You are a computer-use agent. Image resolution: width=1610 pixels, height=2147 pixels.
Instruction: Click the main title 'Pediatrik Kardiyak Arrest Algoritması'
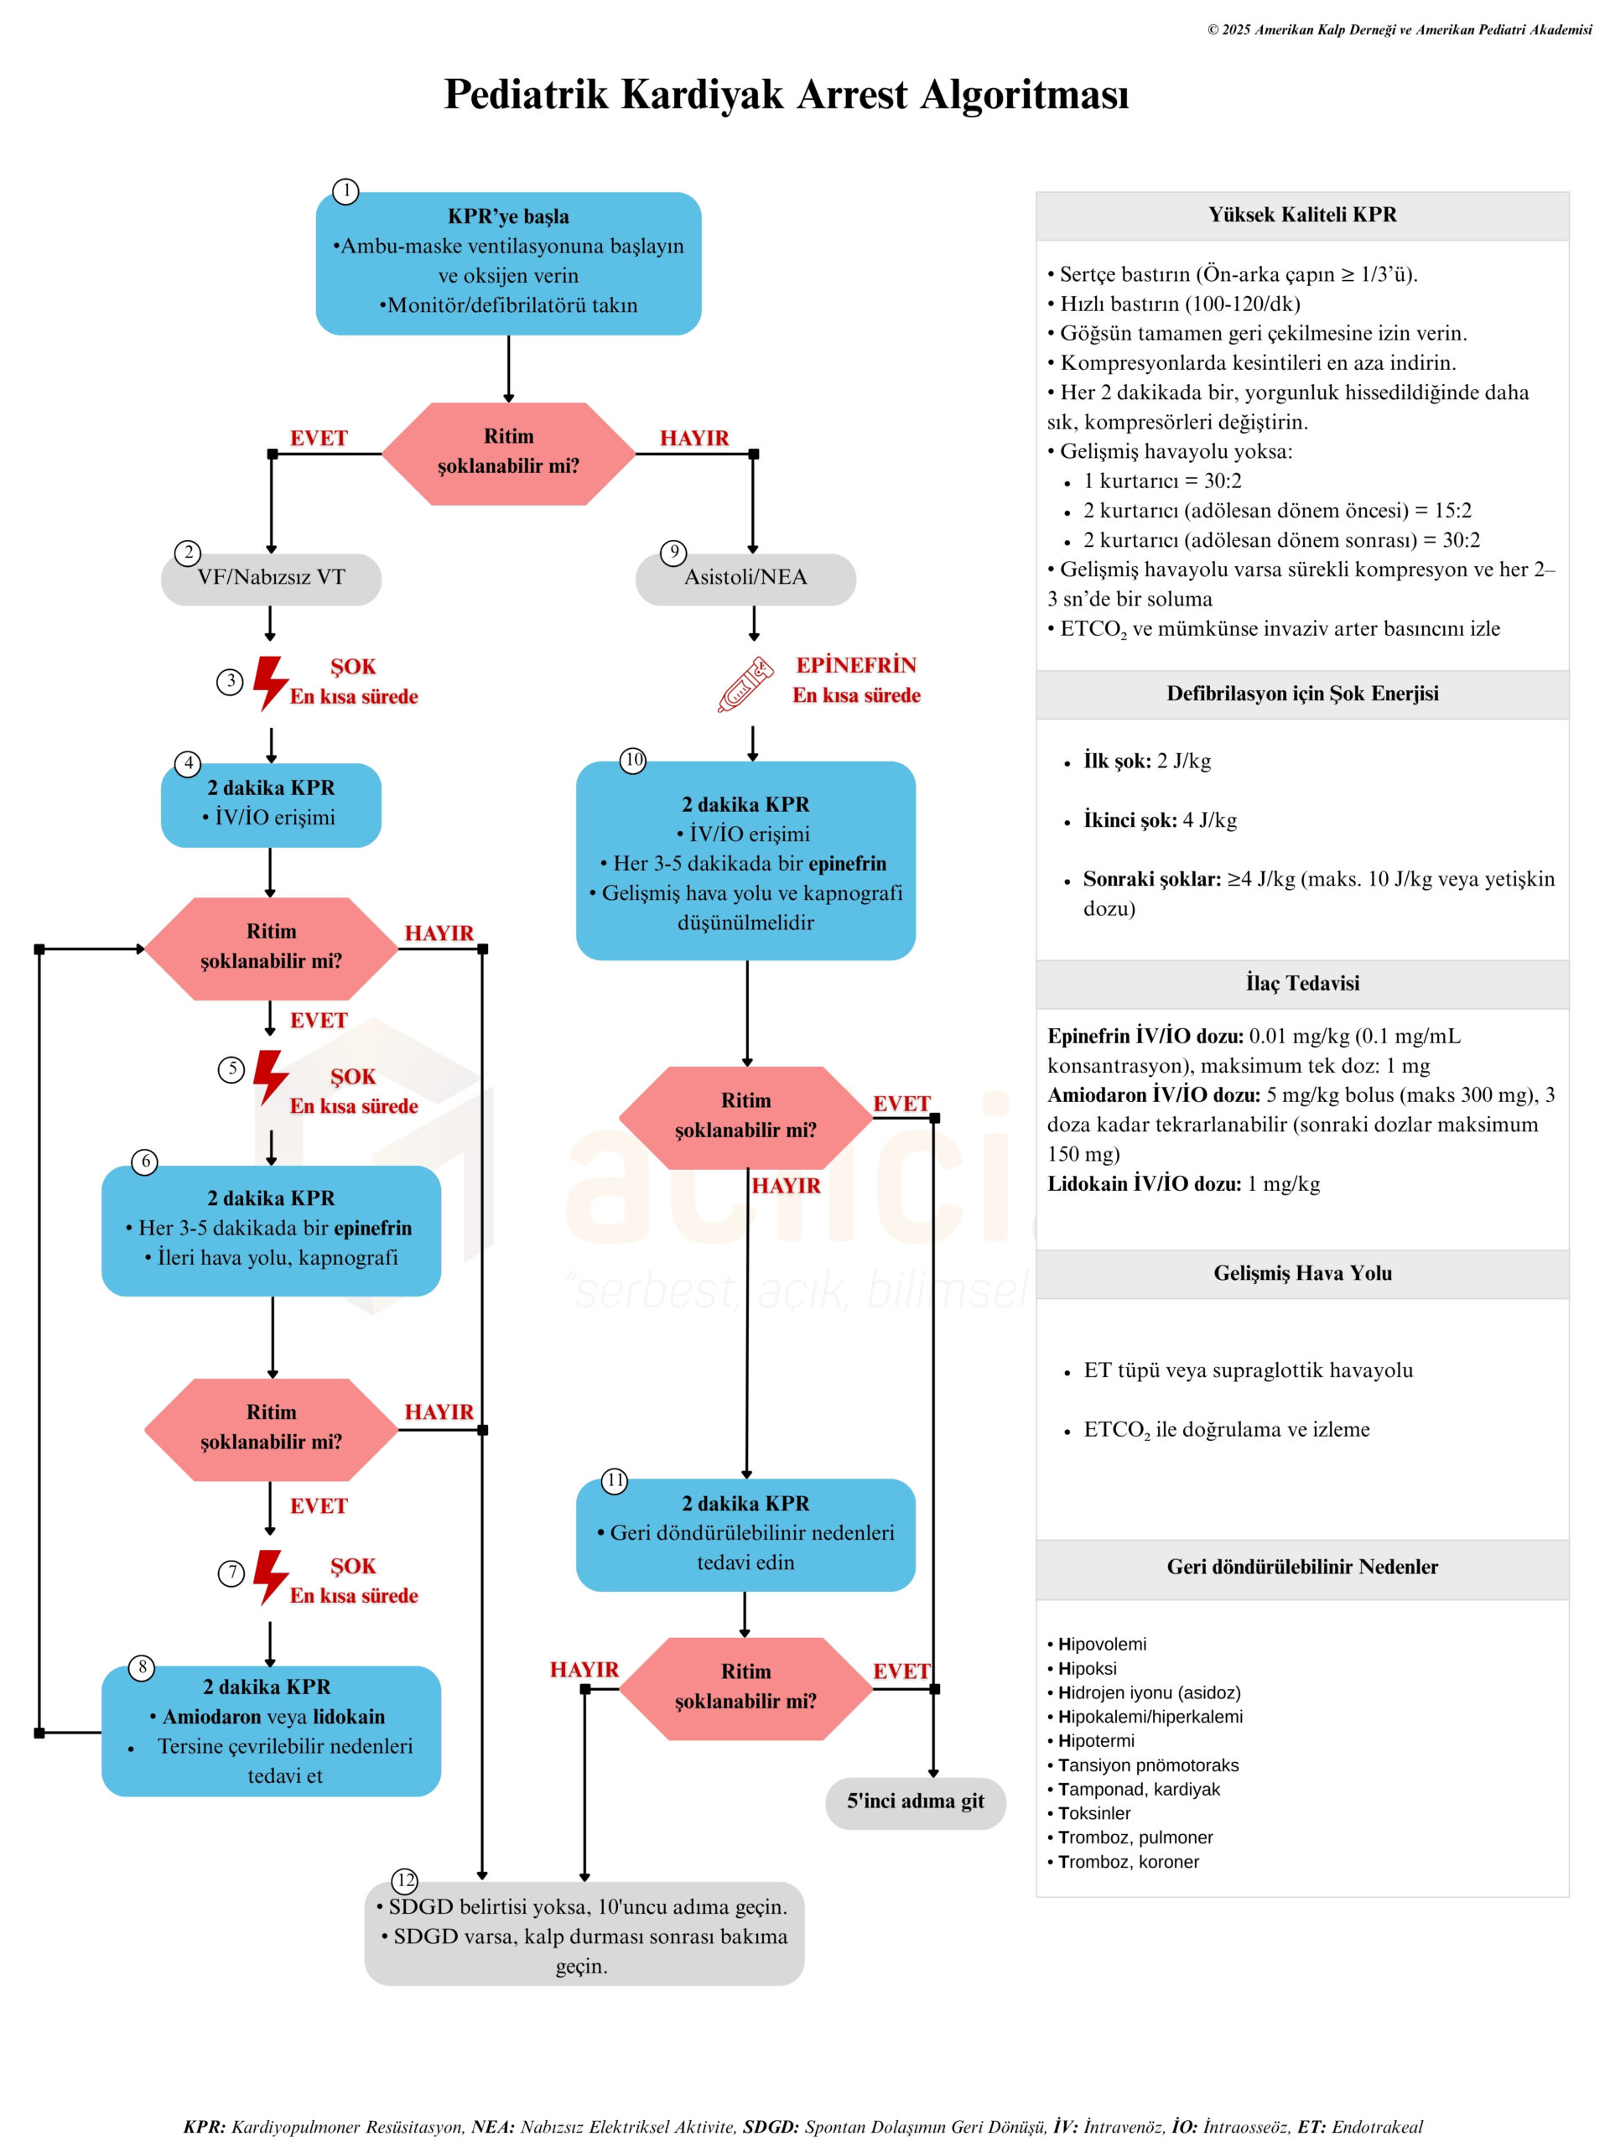(x=786, y=95)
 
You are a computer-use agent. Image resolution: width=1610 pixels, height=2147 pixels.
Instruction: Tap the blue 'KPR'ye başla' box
(x=507, y=263)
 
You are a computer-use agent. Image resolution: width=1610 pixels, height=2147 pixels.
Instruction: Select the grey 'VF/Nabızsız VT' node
(x=271, y=579)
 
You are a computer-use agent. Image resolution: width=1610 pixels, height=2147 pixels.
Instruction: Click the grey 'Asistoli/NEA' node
(x=745, y=579)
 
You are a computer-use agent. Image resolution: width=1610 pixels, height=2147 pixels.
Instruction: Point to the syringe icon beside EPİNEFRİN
(x=745, y=684)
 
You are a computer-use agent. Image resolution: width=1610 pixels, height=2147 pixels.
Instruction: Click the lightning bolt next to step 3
(x=270, y=683)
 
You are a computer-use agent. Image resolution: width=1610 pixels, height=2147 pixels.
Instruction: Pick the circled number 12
(x=405, y=1880)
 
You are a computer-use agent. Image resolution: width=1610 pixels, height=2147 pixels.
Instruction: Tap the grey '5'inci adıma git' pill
(x=914, y=1801)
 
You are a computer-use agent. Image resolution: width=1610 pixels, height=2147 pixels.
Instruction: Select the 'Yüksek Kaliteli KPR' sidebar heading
(x=1301, y=216)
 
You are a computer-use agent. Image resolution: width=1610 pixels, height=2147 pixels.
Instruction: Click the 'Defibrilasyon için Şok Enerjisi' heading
(x=1301, y=694)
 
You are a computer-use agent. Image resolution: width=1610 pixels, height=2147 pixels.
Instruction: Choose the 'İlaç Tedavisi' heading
(x=1301, y=983)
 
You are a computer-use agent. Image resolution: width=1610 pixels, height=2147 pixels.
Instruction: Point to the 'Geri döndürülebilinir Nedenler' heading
(x=1301, y=1567)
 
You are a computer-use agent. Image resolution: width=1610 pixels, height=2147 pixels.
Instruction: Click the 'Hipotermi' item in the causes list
(x=1096, y=1740)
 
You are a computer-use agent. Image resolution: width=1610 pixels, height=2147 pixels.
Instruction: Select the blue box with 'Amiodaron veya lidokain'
(x=271, y=1731)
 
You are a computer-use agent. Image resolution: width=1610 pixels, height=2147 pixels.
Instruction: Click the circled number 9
(x=673, y=553)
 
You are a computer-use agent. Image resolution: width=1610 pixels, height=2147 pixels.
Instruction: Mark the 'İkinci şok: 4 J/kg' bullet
(x=1160, y=820)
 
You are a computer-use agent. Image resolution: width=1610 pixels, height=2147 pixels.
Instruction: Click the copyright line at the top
(x=1399, y=30)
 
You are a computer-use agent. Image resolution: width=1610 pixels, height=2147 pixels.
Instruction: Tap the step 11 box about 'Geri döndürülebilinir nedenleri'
(x=745, y=1535)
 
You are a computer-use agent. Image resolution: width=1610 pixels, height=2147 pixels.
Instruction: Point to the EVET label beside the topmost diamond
(x=319, y=439)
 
